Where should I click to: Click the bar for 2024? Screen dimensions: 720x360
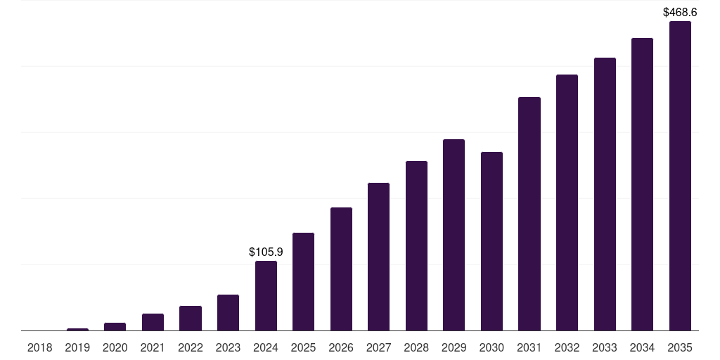[266, 296]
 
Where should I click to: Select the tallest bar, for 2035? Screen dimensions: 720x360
[680, 176]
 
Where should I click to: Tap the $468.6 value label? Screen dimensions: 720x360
[680, 13]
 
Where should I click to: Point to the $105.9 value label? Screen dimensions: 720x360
[266, 252]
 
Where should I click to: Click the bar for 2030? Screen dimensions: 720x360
[491, 241]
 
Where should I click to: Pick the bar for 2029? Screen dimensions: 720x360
[454, 235]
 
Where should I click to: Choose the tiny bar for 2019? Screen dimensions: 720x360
[77, 329]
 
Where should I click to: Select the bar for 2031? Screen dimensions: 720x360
[529, 214]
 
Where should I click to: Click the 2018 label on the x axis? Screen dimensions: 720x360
[40, 348]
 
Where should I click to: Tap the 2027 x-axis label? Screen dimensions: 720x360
[379, 348]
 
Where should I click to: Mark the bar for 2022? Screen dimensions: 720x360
[191, 319]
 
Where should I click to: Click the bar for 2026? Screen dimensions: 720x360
[341, 269]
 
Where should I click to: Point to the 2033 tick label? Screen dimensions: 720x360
[605, 348]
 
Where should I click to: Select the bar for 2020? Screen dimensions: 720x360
[115, 326]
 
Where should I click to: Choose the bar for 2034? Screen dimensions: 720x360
[643, 184]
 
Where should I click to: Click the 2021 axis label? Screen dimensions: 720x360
[153, 348]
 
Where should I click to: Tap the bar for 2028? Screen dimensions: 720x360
[416, 245]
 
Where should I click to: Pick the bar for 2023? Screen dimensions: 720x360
[229, 313]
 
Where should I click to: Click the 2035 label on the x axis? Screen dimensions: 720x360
[680, 348]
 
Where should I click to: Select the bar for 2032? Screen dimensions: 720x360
[567, 202]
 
